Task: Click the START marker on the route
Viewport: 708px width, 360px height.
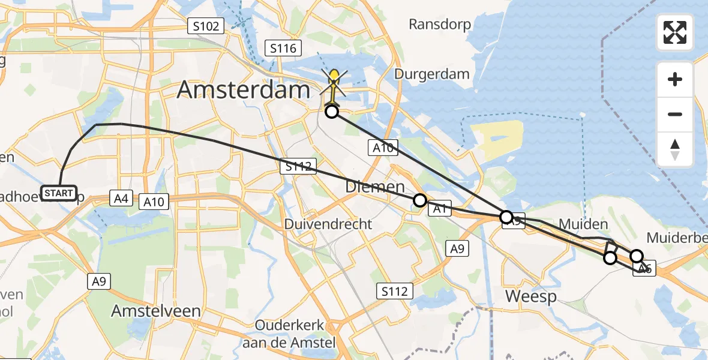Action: [x=59, y=193]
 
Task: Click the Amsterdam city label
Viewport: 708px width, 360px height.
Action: [x=244, y=91]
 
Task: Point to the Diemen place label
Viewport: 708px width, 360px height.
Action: [x=375, y=187]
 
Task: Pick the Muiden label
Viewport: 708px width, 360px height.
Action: [x=583, y=224]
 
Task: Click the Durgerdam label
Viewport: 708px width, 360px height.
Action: [x=432, y=74]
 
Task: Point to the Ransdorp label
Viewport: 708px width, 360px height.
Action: [x=440, y=25]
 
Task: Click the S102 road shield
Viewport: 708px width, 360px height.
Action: [x=206, y=26]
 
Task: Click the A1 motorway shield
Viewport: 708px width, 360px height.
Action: [x=439, y=209]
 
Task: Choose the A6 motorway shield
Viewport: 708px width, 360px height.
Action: [x=645, y=269]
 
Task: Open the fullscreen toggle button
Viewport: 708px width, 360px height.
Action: [x=675, y=32]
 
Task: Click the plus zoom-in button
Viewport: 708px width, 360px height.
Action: [x=675, y=79]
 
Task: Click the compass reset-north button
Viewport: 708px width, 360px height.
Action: [x=675, y=149]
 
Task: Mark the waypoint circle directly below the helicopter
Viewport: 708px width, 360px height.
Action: [x=331, y=112]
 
